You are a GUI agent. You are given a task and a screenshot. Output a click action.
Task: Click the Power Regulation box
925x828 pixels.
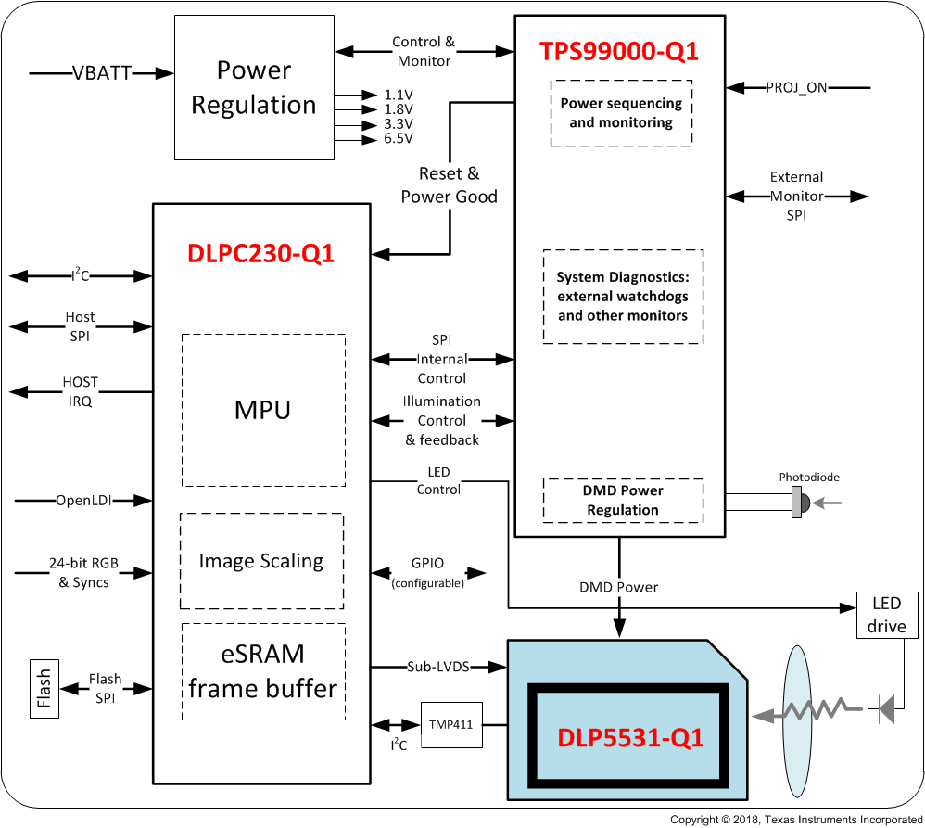coord(253,88)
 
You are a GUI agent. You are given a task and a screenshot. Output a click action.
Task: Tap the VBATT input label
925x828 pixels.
coord(101,71)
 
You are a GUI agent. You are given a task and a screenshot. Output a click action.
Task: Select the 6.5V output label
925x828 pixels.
coord(399,139)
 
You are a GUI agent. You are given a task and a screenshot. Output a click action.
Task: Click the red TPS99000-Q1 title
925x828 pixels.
coord(618,52)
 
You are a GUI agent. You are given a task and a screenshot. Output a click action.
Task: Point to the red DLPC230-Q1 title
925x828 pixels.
coord(260,252)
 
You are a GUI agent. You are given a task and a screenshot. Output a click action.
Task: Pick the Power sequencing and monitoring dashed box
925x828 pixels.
coord(621,113)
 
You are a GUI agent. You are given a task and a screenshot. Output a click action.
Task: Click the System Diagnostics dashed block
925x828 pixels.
coord(622,297)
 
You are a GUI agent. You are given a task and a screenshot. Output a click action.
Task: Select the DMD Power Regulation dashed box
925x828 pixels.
coord(622,500)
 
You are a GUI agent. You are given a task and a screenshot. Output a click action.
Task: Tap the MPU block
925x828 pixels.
coord(263,410)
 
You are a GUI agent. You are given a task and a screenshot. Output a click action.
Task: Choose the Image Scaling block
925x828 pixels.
coord(261,561)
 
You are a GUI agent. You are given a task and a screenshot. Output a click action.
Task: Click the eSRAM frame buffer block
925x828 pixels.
coord(263,670)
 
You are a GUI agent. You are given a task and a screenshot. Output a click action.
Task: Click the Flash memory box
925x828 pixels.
coord(43,688)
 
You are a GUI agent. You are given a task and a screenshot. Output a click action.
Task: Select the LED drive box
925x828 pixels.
coord(886,615)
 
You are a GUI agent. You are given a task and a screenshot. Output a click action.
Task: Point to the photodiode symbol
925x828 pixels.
coord(800,503)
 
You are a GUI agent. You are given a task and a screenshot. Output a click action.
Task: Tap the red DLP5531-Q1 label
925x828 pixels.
coord(630,738)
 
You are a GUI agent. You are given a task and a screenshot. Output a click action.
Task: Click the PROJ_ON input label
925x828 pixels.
coord(796,88)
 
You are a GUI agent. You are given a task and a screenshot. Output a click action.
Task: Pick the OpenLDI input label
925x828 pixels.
coord(83,501)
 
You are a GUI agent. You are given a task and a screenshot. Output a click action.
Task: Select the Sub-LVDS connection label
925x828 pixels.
coord(437,667)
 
